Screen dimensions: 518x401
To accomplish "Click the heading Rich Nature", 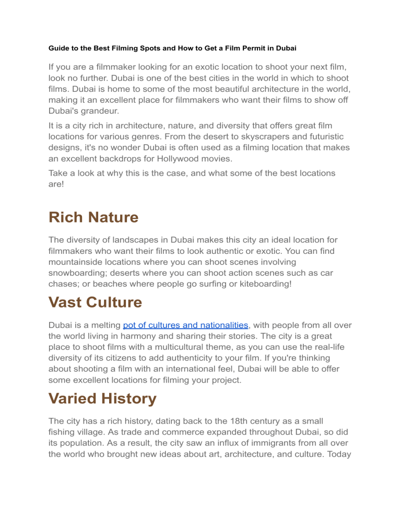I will pos(93,217).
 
